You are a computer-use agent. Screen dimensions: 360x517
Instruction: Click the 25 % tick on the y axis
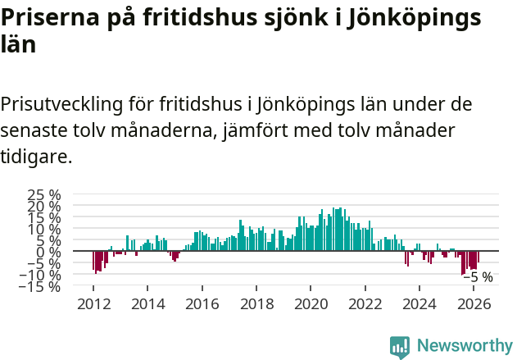coord(44,195)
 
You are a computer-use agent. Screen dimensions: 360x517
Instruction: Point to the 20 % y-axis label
coord(44,207)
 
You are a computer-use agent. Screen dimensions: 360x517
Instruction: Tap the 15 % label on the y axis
coord(44,218)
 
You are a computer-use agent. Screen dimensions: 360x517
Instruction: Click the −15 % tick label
coord(40,286)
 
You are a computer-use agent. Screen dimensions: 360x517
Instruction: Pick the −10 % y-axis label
coord(40,276)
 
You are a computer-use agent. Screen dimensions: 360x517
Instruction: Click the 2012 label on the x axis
coord(93,304)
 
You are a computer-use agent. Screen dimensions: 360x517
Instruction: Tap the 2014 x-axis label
coord(147,304)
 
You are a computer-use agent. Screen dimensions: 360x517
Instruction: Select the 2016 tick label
coord(202,304)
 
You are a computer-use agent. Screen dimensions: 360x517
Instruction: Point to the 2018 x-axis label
coord(256,304)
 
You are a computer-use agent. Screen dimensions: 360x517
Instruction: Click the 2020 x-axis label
coord(311,304)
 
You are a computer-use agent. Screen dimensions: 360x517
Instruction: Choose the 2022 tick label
coord(365,304)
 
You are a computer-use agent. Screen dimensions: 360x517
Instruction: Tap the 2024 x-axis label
coord(419,304)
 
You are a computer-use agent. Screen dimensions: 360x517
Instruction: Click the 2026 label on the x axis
coord(473,304)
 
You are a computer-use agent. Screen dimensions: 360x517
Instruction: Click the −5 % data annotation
coord(478,277)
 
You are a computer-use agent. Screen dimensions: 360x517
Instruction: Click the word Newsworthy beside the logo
coord(464,346)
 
